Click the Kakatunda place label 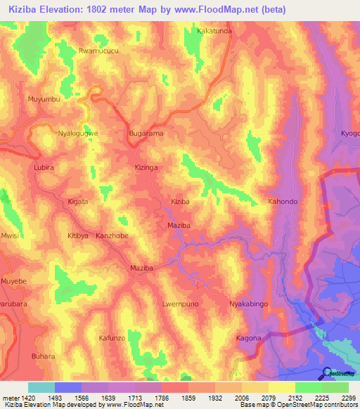click(x=214, y=32)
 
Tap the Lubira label click(x=44, y=169)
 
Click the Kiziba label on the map click(x=181, y=202)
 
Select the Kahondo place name click(x=283, y=202)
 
